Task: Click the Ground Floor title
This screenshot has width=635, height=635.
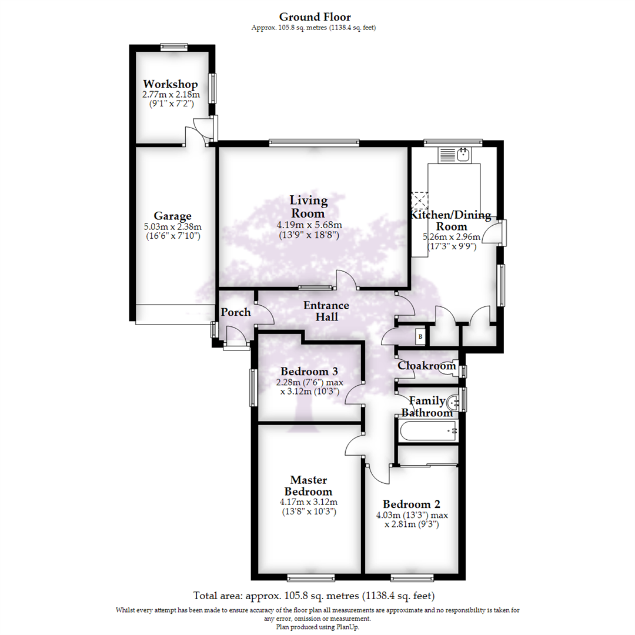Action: tap(315, 16)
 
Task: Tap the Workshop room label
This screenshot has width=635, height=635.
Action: tap(171, 84)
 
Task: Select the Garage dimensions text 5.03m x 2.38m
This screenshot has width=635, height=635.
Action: tap(173, 227)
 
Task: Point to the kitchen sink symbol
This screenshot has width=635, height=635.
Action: tap(457, 155)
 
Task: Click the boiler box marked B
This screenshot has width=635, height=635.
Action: tap(420, 337)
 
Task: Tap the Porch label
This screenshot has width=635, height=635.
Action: tap(236, 312)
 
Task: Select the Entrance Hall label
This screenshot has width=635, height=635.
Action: tap(326, 311)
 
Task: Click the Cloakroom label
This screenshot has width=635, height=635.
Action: tap(427, 366)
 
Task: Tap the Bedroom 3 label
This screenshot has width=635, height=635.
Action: tap(309, 372)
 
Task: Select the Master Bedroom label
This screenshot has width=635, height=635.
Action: tap(309, 486)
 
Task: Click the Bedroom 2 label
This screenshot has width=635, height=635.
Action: tap(412, 504)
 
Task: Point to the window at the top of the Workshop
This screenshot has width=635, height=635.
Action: tap(174, 46)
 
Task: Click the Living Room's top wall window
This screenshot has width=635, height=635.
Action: tap(314, 142)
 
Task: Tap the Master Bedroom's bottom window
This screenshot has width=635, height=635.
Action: tap(311, 576)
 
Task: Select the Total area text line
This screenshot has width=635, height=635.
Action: tap(315, 594)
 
